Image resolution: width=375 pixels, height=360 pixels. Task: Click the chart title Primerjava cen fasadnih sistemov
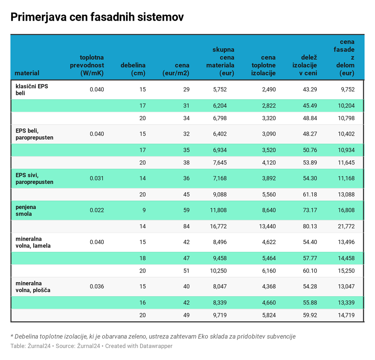click(x=97, y=18)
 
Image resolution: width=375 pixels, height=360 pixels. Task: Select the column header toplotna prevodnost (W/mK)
click(x=87, y=65)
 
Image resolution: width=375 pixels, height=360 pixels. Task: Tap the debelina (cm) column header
click(x=133, y=69)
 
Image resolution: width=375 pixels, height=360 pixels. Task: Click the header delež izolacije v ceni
click(x=304, y=65)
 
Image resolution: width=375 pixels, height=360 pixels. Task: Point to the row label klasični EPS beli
click(x=32, y=89)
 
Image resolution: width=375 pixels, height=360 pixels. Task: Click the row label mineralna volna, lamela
click(x=33, y=242)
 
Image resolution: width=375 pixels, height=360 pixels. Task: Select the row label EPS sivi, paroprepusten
click(x=34, y=178)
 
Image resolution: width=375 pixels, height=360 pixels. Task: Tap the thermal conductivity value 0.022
click(x=97, y=210)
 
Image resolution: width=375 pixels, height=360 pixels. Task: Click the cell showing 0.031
click(x=97, y=178)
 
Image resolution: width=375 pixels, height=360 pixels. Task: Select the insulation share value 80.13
click(x=310, y=226)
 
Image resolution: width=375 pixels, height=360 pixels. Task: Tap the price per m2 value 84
click(x=186, y=226)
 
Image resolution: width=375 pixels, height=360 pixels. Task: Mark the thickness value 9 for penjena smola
click(x=144, y=210)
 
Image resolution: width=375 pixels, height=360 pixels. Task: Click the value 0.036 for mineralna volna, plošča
click(x=97, y=286)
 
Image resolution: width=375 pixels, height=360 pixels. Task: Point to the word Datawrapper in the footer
click(x=156, y=346)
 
